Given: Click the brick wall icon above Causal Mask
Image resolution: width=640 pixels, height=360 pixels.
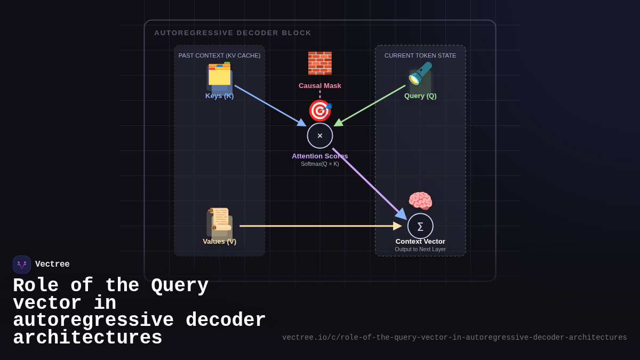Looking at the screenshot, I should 320,63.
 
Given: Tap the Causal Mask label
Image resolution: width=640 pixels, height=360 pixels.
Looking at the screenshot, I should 320,86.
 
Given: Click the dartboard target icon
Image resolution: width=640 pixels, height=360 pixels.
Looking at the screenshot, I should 320,110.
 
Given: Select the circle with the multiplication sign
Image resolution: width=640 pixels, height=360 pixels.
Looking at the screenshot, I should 320,136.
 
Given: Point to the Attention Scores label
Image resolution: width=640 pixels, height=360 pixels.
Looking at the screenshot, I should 320,156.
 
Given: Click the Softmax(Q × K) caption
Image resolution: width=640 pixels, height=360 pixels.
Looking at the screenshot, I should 320,164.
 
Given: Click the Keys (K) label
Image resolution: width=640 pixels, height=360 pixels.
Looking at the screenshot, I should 219,96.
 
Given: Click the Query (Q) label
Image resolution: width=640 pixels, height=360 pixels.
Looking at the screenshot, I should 420,96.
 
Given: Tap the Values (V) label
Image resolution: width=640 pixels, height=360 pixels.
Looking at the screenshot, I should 219,242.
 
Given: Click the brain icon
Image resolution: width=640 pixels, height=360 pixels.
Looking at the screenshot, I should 420,201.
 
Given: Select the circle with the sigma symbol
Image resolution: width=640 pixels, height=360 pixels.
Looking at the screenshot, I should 420,226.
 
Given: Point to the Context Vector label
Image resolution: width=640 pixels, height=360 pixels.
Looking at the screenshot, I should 420,242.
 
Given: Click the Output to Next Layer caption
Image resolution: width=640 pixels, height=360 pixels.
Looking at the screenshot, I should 420,250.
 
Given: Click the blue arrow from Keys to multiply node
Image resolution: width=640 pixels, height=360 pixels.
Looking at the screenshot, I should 270,106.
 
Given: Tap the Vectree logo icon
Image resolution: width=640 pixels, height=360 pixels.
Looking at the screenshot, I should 22,265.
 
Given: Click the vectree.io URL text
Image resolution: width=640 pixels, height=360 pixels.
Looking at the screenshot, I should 454,338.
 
